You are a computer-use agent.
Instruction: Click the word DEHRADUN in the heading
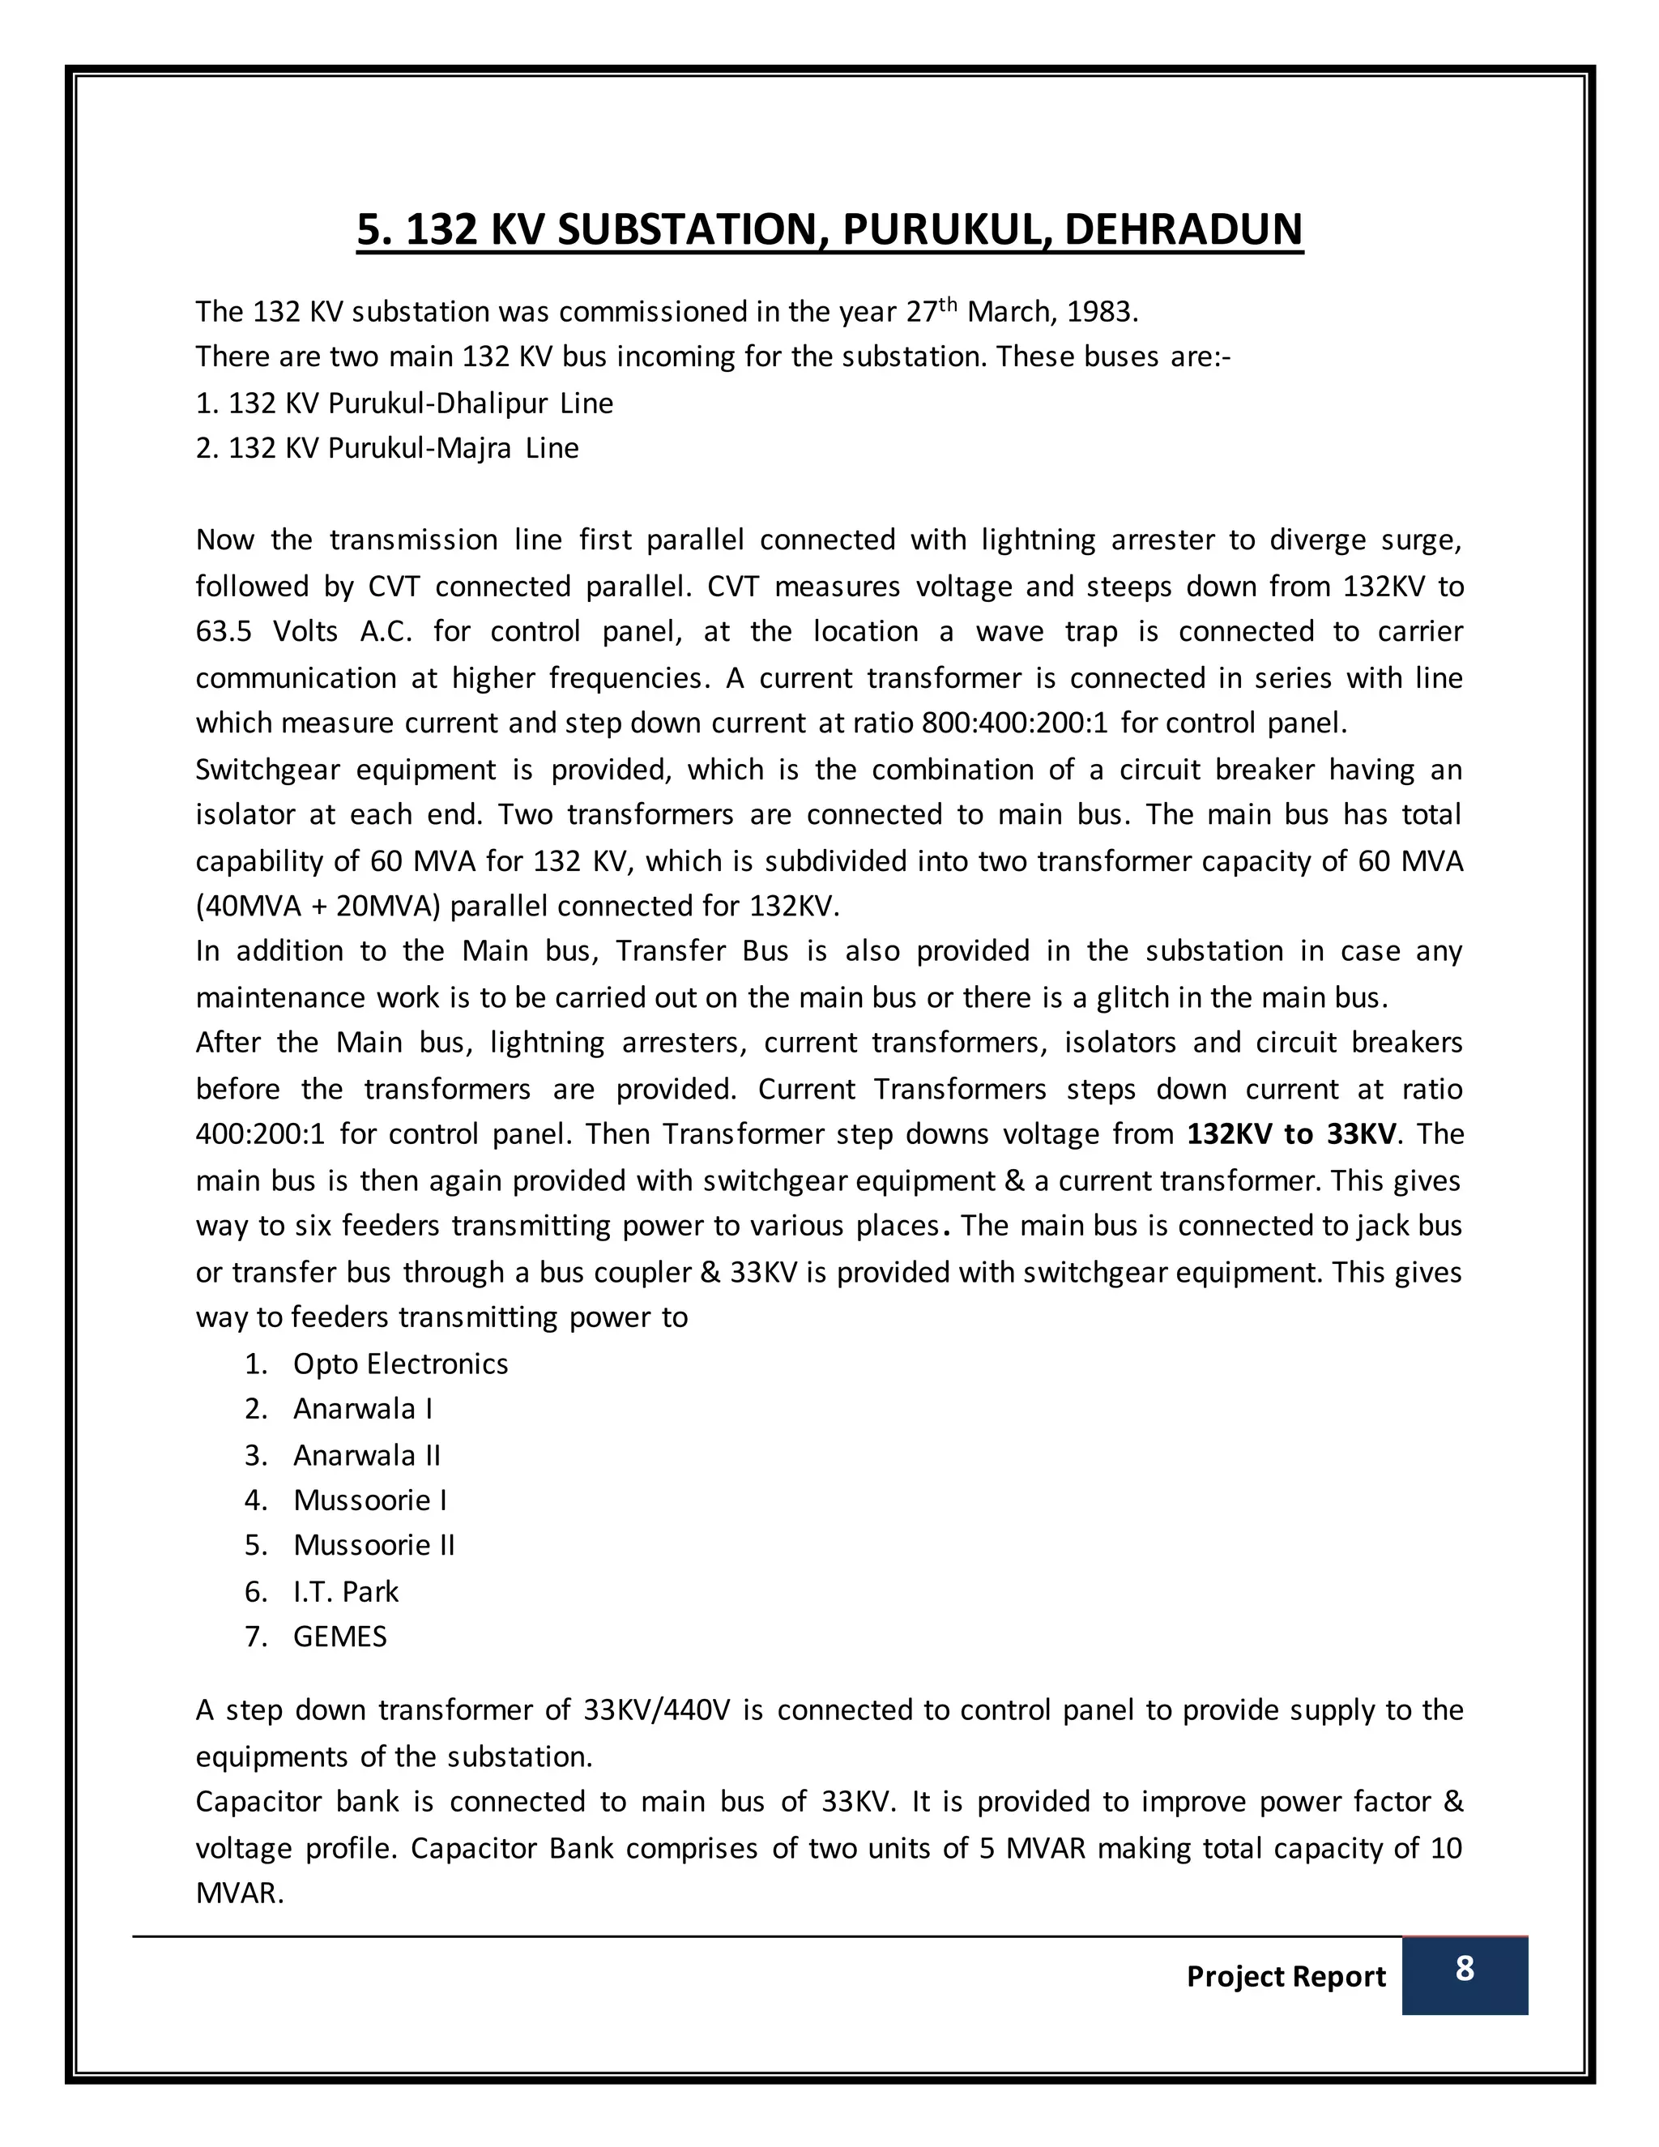coord(1183,229)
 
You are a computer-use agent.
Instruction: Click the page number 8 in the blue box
coord(1464,1969)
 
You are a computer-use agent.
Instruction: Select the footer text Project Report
coord(1286,1976)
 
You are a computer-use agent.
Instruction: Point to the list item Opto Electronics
coord(400,1364)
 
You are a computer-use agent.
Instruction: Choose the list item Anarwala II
coord(367,1455)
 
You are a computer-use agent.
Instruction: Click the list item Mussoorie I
coord(369,1500)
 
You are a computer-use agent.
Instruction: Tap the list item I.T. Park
coord(346,1591)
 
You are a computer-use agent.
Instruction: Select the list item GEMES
coord(340,1637)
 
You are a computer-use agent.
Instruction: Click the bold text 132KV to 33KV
coord(1290,1134)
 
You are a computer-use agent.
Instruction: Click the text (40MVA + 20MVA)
coord(318,906)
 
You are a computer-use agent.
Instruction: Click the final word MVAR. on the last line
coord(240,1893)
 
